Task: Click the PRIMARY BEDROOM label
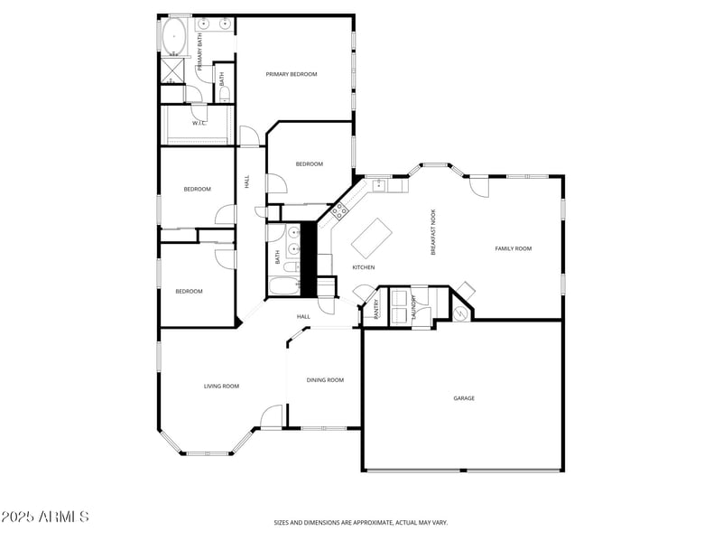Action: pyautogui.click(x=291, y=74)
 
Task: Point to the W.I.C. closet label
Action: pyautogui.click(x=199, y=124)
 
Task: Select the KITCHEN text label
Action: pyautogui.click(x=363, y=267)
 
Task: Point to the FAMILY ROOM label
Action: pyautogui.click(x=513, y=248)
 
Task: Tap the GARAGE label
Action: pyautogui.click(x=463, y=398)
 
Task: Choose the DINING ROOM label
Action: pyautogui.click(x=325, y=380)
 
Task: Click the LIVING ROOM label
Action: pyautogui.click(x=221, y=387)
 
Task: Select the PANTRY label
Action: pyautogui.click(x=375, y=309)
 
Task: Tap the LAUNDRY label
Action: pyautogui.click(x=414, y=307)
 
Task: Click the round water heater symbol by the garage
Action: pyautogui.click(x=461, y=312)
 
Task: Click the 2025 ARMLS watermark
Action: pyautogui.click(x=45, y=518)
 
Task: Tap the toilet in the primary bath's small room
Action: pyautogui.click(x=225, y=93)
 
